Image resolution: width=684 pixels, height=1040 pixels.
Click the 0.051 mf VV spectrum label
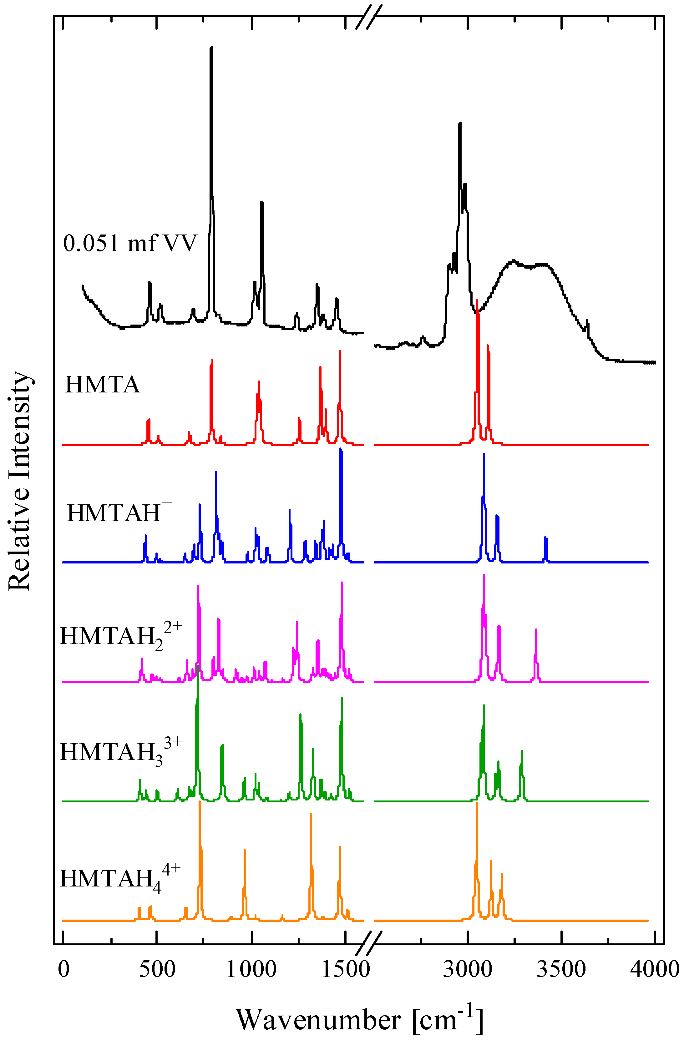[x=130, y=243]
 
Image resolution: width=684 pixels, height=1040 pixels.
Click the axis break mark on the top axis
[x=368, y=17]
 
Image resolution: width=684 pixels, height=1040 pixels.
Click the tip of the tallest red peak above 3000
[x=477, y=300]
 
